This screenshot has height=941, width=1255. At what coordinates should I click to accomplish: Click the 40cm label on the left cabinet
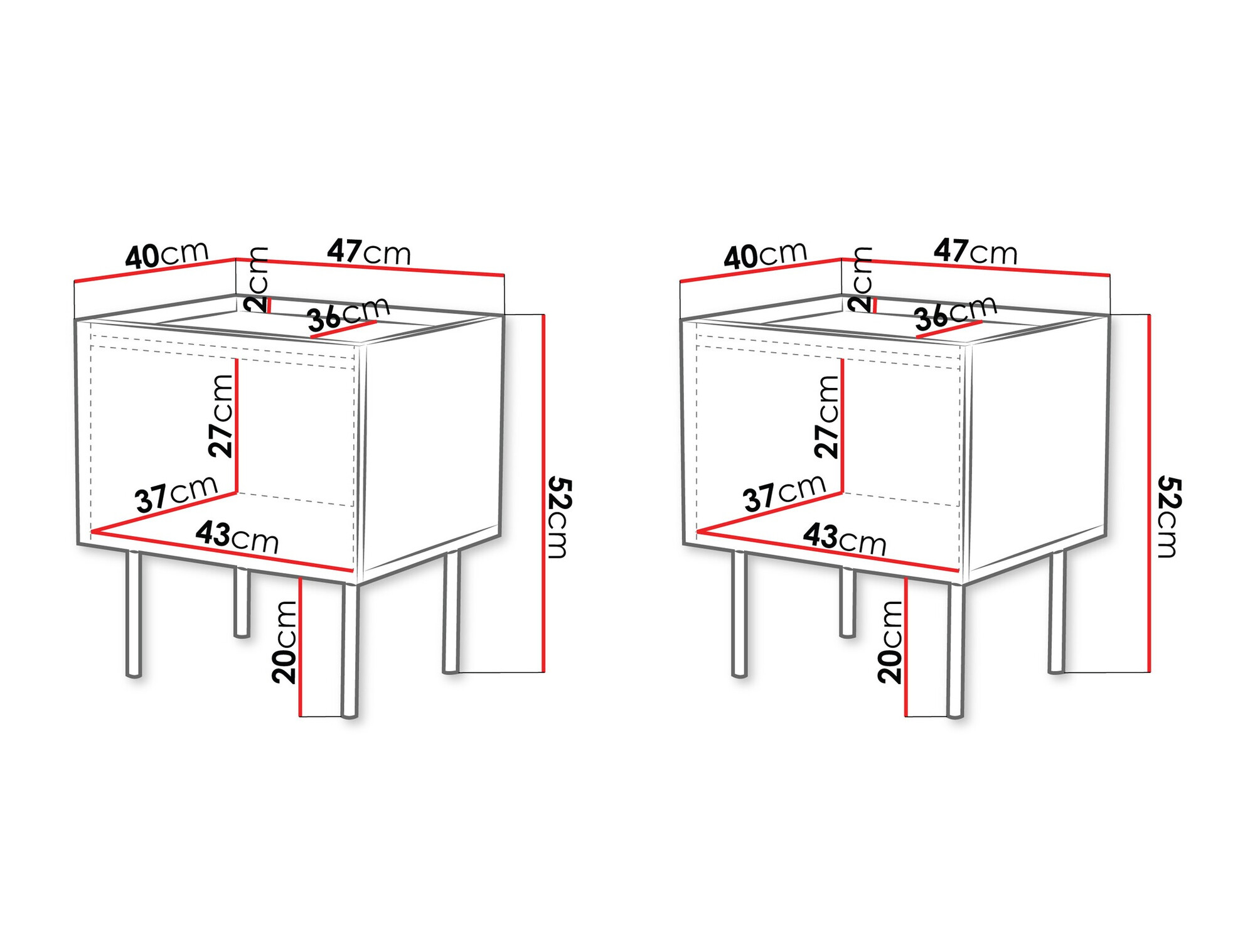[x=166, y=255]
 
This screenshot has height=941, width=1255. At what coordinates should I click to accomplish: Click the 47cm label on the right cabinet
[x=975, y=252]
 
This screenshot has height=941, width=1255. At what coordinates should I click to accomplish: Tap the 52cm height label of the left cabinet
[x=558, y=517]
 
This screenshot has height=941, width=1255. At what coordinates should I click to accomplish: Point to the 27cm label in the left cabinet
[x=221, y=416]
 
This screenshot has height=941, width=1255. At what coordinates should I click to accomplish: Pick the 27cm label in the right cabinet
[x=826, y=416]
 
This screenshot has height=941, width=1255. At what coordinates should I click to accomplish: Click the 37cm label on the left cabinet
[x=176, y=494]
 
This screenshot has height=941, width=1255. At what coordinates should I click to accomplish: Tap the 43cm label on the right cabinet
[x=845, y=539]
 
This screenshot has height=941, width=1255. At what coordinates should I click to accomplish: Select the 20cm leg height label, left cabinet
[x=284, y=642]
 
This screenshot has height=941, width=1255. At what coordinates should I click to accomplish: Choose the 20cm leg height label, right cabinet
[x=890, y=642]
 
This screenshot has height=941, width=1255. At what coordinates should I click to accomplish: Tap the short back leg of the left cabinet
[x=242, y=603]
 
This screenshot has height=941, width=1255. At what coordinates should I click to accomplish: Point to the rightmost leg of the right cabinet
[x=1057, y=612]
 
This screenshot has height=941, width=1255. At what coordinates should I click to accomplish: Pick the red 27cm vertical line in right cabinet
[x=842, y=427]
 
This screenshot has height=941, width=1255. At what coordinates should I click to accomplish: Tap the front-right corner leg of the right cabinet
[x=954, y=650]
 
